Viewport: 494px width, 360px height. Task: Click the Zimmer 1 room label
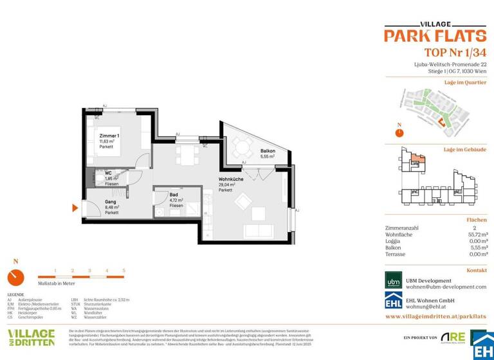click(x=109, y=136)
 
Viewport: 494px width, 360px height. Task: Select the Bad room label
click(x=174, y=194)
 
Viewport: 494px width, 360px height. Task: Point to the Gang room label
click(x=111, y=202)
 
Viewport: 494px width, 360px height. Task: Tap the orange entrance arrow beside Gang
click(x=75, y=208)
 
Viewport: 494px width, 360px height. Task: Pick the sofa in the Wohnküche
click(x=259, y=231)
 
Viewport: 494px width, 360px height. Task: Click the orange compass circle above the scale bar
click(x=16, y=277)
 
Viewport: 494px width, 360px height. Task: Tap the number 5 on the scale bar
click(x=123, y=271)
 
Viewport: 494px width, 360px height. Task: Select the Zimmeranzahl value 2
click(x=483, y=228)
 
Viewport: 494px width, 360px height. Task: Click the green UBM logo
click(x=393, y=280)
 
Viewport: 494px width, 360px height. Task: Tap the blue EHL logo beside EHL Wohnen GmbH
click(x=393, y=302)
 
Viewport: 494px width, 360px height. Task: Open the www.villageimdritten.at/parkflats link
click(x=435, y=317)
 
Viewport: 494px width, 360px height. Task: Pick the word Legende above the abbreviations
click(x=15, y=294)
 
